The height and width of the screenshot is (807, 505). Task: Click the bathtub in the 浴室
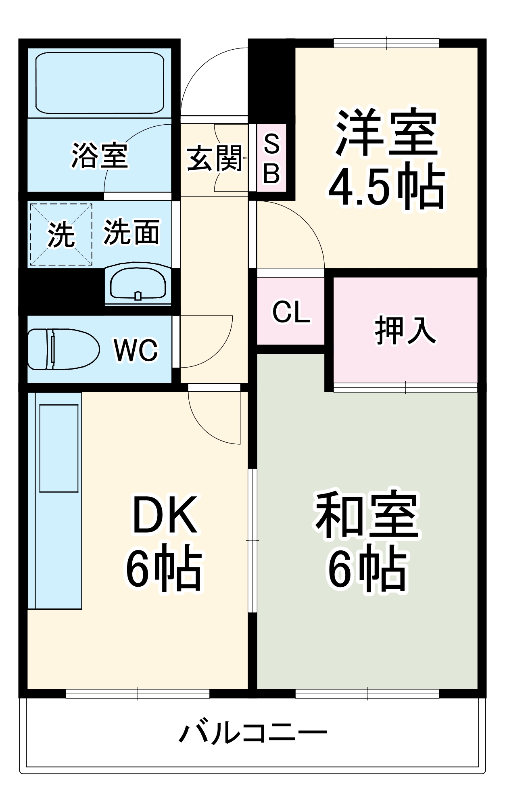click(x=100, y=83)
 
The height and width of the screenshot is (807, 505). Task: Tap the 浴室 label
click(x=100, y=155)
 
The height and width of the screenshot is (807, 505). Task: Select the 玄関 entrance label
click(x=214, y=158)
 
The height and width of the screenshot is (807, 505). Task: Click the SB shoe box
click(x=272, y=158)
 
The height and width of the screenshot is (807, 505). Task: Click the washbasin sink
click(x=138, y=284)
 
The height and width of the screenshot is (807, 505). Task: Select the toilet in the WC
click(x=63, y=349)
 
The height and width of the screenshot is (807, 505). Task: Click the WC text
click(x=136, y=350)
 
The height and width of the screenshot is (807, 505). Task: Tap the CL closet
click(x=291, y=312)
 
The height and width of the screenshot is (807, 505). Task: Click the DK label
click(x=165, y=515)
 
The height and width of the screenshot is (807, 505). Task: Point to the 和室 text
click(x=367, y=515)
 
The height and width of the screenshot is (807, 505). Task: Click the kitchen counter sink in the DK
click(x=59, y=448)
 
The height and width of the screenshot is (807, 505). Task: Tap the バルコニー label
click(x=252, y=733)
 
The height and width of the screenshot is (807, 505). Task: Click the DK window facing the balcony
click(x=138, y=694)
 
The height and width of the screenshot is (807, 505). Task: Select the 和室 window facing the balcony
click(x=367, y=694)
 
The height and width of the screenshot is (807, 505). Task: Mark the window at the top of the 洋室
click(x=386, y=43)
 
